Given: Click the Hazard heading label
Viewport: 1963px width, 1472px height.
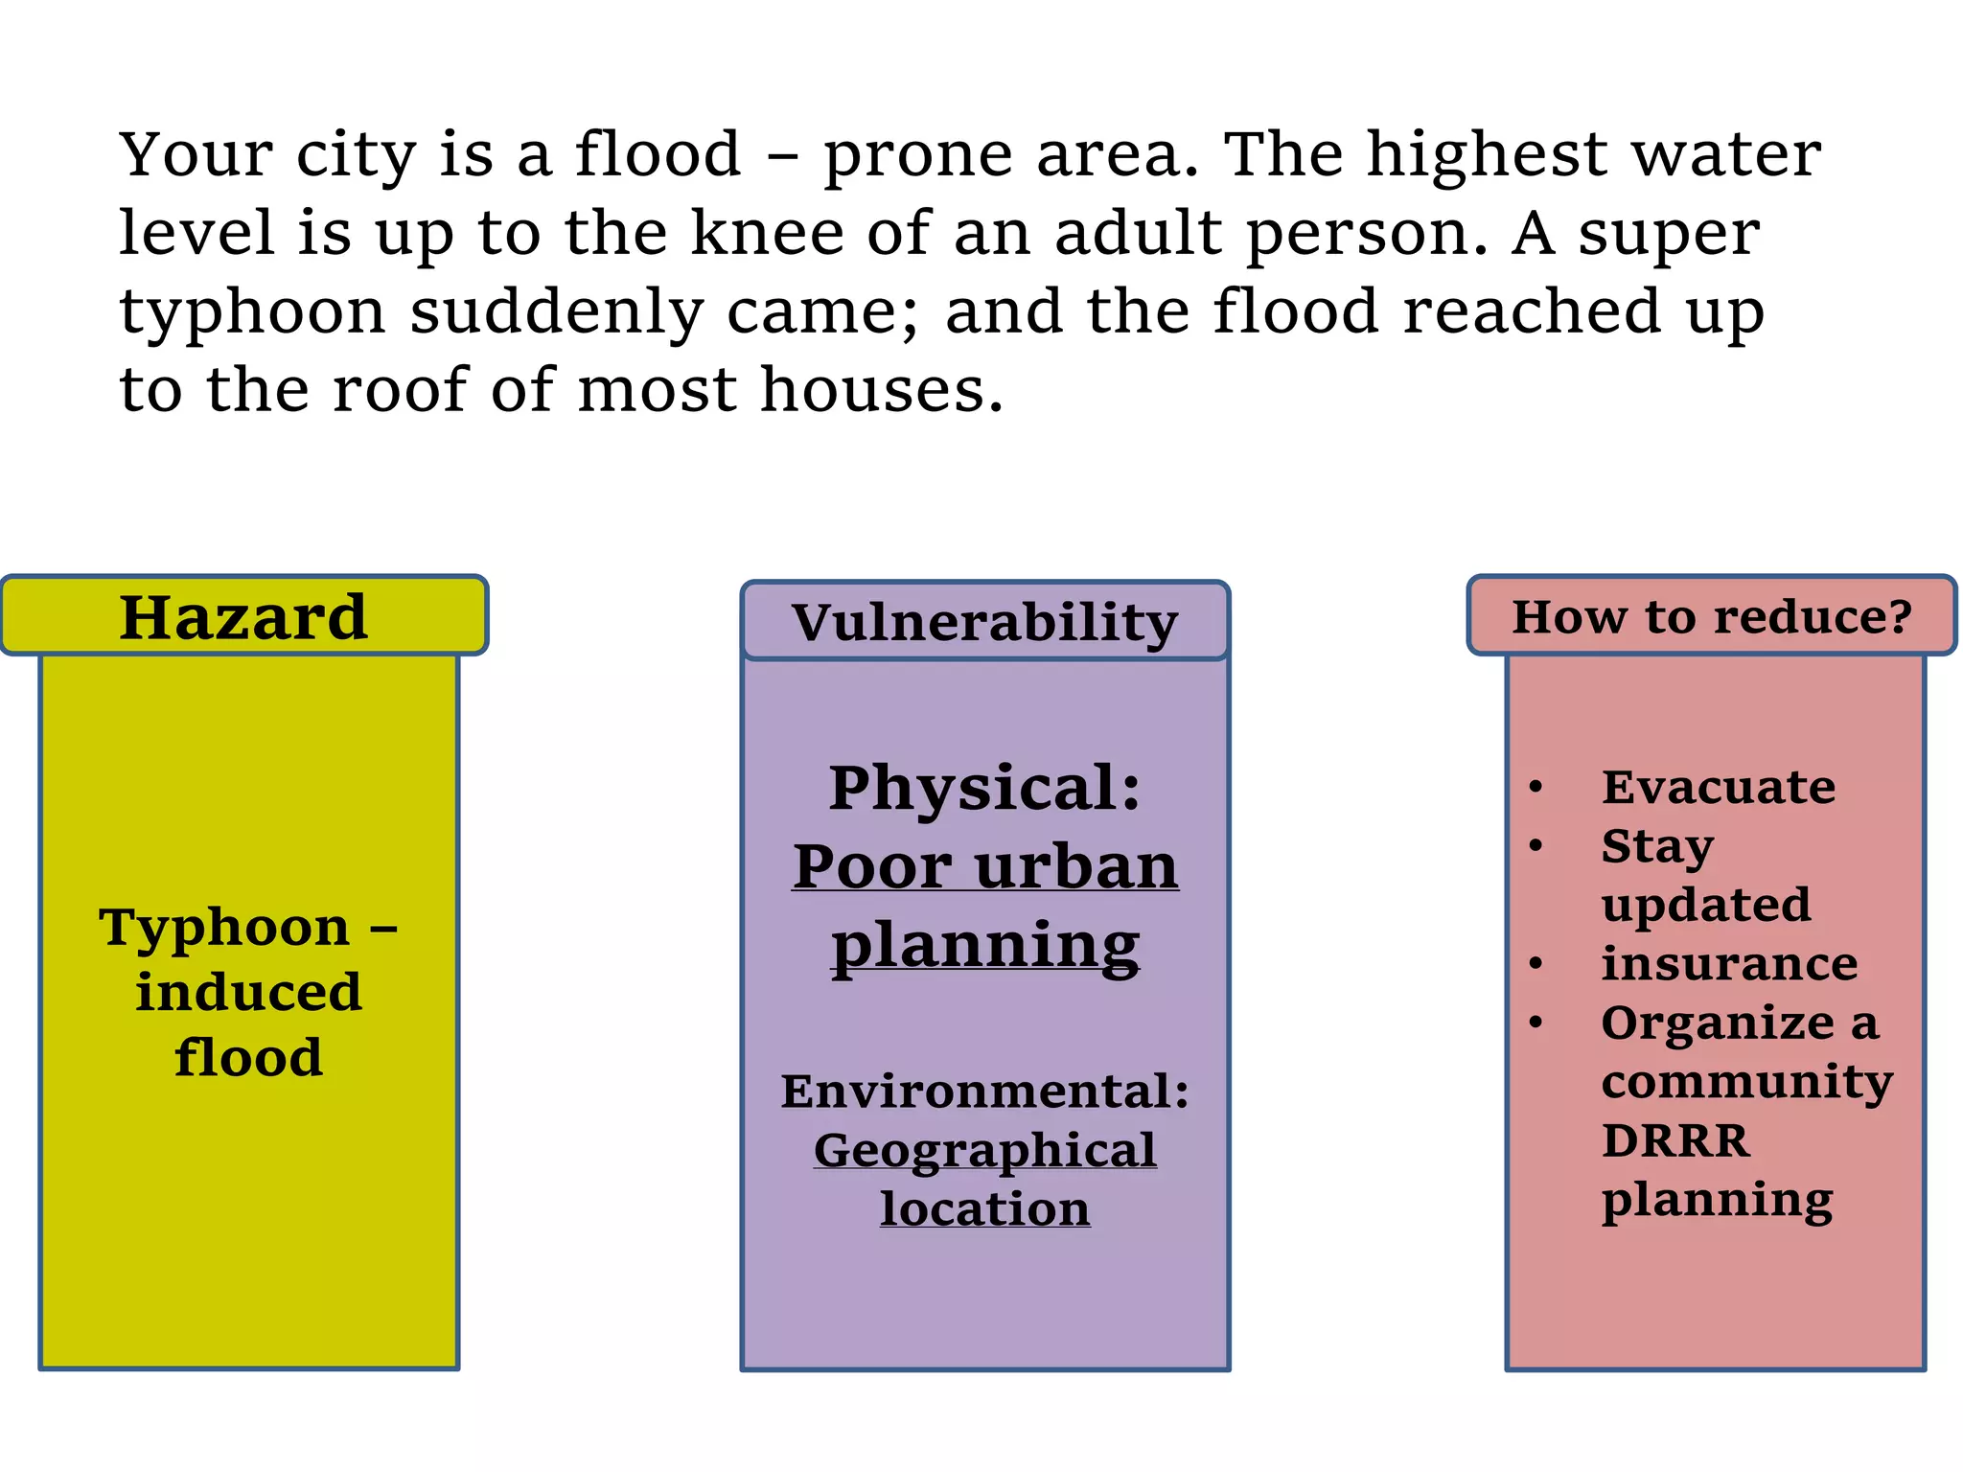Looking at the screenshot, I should [243, 617].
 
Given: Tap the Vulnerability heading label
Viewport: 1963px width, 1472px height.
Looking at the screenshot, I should [984, 623].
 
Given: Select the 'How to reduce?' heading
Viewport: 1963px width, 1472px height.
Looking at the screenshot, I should [1712, 616].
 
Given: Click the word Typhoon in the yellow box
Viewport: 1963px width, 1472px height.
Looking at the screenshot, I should [224, 927].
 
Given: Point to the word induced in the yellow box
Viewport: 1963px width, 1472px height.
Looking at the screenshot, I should [248, 992].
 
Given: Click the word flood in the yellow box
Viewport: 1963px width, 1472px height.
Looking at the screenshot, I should [248, 1057].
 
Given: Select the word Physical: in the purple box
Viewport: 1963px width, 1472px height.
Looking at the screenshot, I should [984, 788].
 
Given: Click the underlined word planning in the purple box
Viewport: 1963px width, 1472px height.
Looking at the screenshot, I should [984, 945].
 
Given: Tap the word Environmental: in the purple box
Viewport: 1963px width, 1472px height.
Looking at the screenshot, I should [984, 1092].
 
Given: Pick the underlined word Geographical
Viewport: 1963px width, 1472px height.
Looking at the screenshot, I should [984, 1150].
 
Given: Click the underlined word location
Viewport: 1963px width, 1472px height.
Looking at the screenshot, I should [984, 1208].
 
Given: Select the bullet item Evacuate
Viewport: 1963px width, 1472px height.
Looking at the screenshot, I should [1718, 788].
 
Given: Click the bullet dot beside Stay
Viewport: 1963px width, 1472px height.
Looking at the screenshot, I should [1536, 845].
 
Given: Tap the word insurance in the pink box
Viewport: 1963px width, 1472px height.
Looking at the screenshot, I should [1729, 963].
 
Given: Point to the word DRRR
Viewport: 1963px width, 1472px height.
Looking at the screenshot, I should [1675, 1140].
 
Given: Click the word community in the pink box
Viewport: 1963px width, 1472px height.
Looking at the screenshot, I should [1746, 1082].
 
